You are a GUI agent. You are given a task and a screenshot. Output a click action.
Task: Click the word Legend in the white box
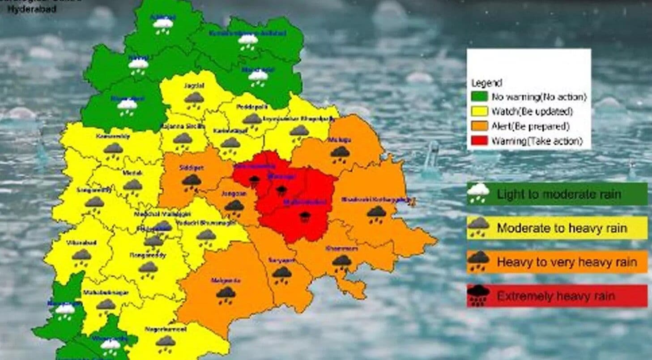tap(486, 83)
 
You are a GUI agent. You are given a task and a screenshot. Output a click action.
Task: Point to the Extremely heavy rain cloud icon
tap(478, 296)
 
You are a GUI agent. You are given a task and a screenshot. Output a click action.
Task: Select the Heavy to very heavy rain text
tap(567, 262)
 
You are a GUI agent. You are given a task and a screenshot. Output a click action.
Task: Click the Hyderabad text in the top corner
tap(32, 9)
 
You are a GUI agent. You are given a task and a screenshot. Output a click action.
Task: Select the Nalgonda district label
tap(226, 281)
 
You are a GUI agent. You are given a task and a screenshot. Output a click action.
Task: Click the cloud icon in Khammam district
tap(342, 261)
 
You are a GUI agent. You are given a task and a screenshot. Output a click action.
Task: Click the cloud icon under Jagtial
tap(194, 98)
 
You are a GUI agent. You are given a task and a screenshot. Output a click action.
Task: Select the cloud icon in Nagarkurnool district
tap(166, 342)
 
